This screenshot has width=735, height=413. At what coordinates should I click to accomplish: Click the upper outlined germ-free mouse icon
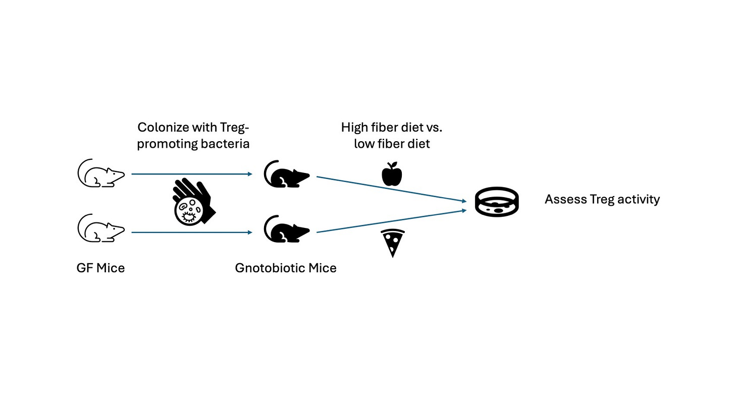click(100, 174)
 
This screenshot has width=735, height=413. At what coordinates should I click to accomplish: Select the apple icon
click(392, 174)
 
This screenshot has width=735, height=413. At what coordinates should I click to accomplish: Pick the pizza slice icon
click(392, 243)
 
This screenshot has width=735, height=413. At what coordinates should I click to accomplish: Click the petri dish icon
click(497, 202)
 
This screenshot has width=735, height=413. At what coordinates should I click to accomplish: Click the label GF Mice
click(100, 268)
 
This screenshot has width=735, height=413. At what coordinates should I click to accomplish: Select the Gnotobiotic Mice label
click(286, 268)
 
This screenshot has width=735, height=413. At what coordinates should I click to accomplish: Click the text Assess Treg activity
click(602, 199)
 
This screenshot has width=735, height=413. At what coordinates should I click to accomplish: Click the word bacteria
click(226, 144)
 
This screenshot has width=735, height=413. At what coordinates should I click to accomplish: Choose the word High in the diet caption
click(354, 127)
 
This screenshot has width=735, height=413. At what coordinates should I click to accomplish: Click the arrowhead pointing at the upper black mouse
click(250, 174)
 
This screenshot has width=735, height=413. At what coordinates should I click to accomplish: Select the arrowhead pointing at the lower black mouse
click(250, 232)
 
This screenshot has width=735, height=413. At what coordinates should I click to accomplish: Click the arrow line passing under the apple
click(389, 189)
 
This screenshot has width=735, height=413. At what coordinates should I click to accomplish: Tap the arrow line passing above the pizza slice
click(389, 221)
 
